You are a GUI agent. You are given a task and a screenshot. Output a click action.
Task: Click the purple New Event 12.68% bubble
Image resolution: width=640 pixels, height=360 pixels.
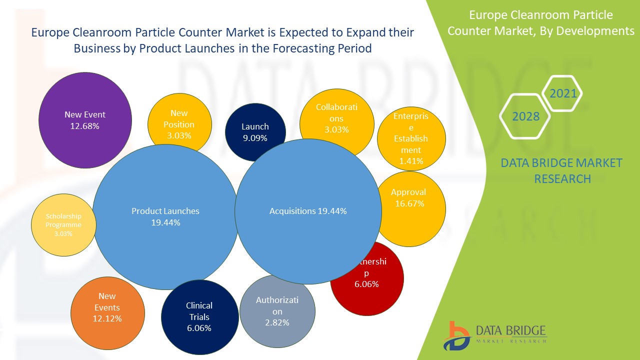tap(85, 120)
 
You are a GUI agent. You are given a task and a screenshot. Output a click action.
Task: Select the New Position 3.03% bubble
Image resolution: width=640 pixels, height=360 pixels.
tap(178, 122)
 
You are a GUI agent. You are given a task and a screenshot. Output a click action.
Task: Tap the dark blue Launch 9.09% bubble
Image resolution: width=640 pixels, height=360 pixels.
tap(255, 131)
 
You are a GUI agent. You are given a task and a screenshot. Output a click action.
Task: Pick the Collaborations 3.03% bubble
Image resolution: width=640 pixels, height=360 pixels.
tap(336, 118)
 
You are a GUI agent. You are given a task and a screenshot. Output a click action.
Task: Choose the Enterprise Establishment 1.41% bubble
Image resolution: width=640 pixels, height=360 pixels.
tap(410, 138)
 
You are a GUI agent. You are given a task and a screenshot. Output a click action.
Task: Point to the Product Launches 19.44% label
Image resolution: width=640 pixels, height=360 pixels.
tap(165, 216)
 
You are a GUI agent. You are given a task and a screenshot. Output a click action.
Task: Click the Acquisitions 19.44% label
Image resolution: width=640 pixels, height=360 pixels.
tap(308, 211)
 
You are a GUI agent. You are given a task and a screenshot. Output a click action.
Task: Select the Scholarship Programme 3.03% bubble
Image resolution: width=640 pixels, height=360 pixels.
tap(63, 224)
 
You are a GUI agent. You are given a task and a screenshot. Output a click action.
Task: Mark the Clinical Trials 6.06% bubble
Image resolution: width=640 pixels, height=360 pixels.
tap(199, 317)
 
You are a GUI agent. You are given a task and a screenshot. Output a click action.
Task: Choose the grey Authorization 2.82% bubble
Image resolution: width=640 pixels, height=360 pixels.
tap(277, 311)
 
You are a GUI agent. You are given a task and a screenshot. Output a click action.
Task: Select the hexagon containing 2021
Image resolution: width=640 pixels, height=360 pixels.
tap(562, 93)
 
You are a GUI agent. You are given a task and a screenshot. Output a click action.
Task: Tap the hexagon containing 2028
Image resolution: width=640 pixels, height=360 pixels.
tap(525, 116)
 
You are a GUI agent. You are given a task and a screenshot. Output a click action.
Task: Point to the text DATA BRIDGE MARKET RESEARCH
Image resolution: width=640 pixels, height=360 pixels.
tap(562, 170)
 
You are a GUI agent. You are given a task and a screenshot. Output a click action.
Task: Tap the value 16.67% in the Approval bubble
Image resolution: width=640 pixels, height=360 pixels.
tap(408, 203)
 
